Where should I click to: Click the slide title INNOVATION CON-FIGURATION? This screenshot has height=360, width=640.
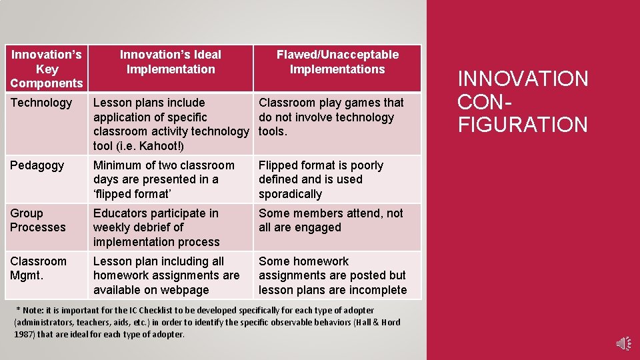pyautogui.click(x=523, y=101)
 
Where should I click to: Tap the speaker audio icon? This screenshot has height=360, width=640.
pyautogui.click(x=624, y=343)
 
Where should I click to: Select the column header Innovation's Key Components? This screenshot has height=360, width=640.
pyautogui.click(x=46, y=69)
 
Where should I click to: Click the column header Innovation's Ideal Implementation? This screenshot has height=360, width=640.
pyautogui.click(x=171, y=62)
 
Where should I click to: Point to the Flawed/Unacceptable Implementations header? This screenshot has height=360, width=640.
pyautogui.click(x=337, y=62)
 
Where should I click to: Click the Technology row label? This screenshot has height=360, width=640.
pyautogui.click(x=41, y=103)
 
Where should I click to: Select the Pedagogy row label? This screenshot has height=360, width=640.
pyautogui.click(x=37, y=165)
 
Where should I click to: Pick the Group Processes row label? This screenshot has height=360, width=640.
pyautogui.click(x=38, y=220)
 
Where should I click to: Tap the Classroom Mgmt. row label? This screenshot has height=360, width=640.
pyautogui.click(x=39, y=268)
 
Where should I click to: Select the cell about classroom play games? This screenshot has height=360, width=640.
pyautogui.click(x=331, y=117)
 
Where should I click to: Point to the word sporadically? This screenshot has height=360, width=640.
pyautogui.click(x=290, y=194)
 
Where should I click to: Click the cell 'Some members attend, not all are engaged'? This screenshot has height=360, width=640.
pyautogui.click(x=331, y=220)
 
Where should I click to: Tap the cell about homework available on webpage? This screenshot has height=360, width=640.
pyautogui.click(x=166, y=275)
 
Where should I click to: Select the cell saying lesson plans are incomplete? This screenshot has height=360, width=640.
pyautogui.click(x=332, y=275)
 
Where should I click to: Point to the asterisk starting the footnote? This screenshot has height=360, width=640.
pyautogui.click(x=18, y=310)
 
